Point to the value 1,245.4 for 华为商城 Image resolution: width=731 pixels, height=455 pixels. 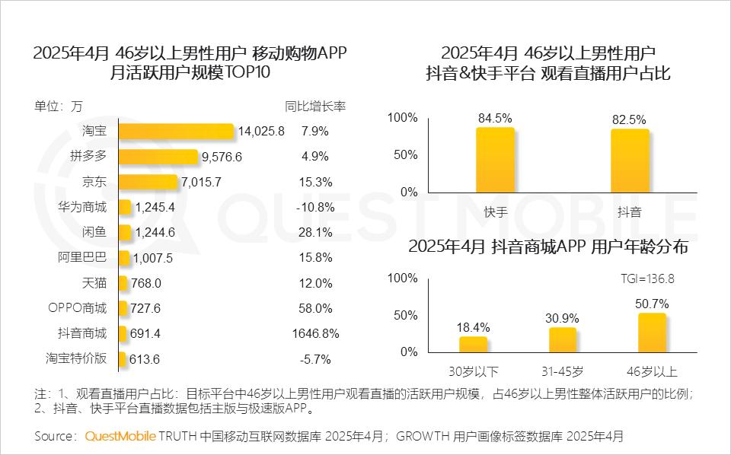coord(155,207)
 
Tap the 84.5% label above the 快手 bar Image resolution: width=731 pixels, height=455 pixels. coord(495,118)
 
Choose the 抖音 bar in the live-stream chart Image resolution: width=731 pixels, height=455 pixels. coord(630,161)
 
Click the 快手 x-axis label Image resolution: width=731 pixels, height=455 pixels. coord(495,212)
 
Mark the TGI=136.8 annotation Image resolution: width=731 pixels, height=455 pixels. coord(643,278)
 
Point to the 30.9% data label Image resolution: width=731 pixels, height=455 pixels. coord(562,317)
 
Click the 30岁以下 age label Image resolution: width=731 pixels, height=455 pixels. coord(473,372)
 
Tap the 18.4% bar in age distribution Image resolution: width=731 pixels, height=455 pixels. coord(473,344)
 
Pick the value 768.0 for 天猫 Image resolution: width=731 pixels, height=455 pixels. coord(147,283)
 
